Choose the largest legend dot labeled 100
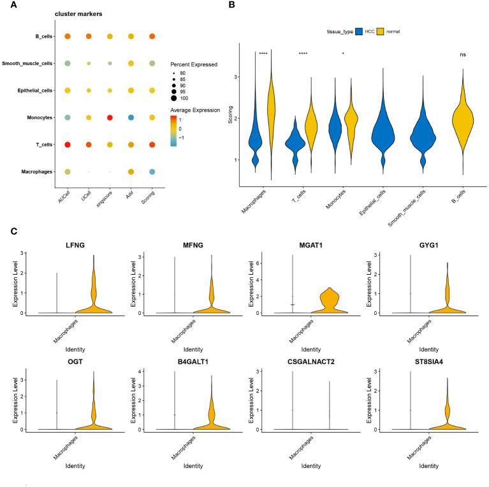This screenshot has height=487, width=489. coord(175,102)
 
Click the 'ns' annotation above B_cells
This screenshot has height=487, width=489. coord(463,55)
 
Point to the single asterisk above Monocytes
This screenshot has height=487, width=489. coord(343,54)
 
